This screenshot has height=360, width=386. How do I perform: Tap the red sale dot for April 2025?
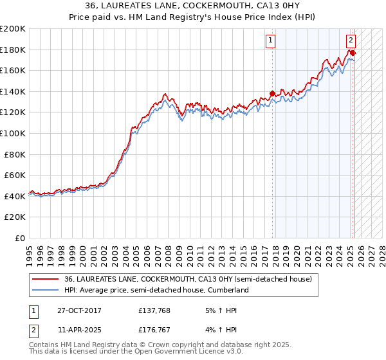click(x=353, y=52)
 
